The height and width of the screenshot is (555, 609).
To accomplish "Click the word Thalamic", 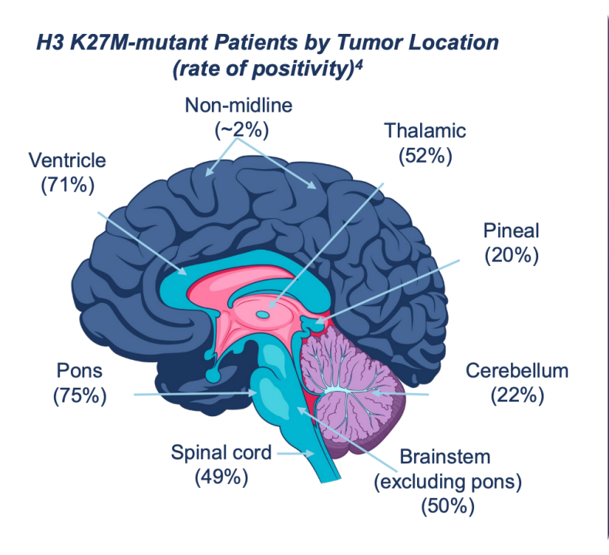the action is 425,130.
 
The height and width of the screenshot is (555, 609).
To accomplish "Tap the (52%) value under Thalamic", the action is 426,156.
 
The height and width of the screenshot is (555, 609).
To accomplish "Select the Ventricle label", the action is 67,160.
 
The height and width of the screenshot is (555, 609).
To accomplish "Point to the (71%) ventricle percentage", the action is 68,185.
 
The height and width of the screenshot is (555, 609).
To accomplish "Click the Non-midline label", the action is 238,106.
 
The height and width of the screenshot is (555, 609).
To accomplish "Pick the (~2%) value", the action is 241,129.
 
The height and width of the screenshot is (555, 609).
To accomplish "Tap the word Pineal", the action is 511,230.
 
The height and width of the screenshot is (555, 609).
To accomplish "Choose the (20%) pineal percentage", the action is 512,256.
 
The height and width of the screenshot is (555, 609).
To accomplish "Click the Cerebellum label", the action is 517,371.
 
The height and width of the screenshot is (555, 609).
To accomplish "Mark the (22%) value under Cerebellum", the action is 517,395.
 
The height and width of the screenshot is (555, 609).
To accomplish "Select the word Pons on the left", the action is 79,371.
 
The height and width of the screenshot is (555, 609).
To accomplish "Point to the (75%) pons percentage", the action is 79,395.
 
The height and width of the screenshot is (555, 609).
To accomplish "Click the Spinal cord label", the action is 221,452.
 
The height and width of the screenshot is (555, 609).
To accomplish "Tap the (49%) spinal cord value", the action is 221,477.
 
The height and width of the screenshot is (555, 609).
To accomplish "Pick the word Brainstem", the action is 445,457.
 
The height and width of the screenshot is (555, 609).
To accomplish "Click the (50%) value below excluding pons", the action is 448,506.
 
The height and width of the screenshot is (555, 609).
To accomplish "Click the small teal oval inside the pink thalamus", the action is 263,314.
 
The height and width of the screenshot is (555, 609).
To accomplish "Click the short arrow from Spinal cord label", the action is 295,453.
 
